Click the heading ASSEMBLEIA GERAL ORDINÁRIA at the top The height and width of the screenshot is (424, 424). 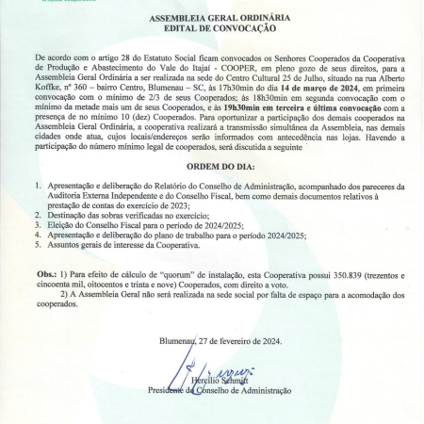[x=211, y=19]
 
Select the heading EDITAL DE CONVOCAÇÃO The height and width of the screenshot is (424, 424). [x=211, y=28]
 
